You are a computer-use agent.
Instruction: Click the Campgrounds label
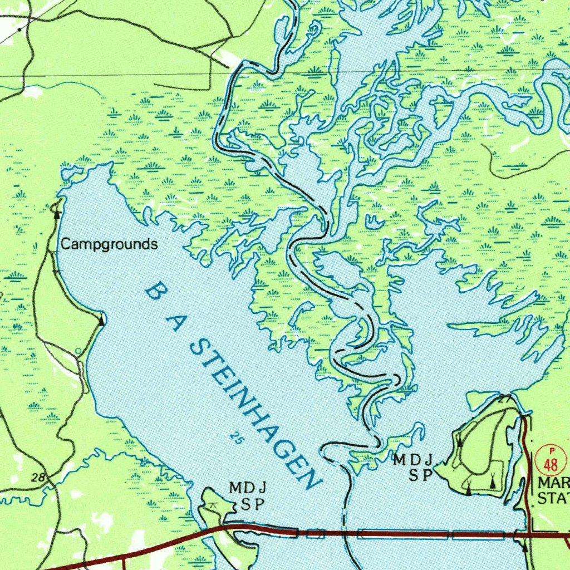(x=109, y=244)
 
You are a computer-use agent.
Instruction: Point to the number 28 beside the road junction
(x=38, y=478)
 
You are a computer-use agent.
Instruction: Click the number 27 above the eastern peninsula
(x=504, y=399)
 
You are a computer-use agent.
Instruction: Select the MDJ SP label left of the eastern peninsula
(x=413, y=468)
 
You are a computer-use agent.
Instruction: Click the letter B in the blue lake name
(x=158, y=291)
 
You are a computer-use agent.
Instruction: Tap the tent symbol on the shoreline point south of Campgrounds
(x=101, y=321)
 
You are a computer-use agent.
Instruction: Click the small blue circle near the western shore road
(x=78, y=351)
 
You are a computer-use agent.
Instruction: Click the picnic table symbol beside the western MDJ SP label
(x=212, y=504)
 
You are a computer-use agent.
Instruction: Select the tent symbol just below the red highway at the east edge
(x=524, y=548)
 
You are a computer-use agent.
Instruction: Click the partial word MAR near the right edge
(x=553, y=483)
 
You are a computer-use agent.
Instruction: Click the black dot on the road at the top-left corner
(x=20, y=28)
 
